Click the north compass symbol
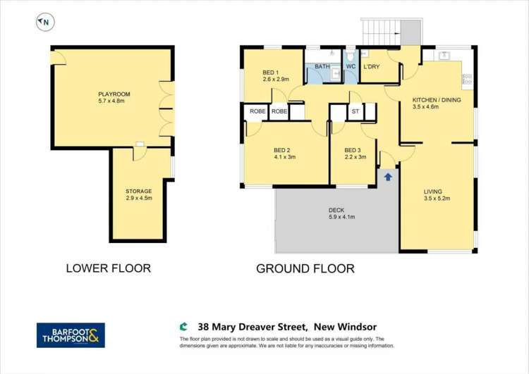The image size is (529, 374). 44,22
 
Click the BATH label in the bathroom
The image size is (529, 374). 322,67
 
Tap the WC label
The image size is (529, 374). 350,67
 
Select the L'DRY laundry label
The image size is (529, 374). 372,67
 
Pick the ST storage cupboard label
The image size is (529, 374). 355,111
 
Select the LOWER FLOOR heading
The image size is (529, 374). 108,268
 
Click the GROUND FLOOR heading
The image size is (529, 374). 305,268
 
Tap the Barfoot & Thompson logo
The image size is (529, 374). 71,335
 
